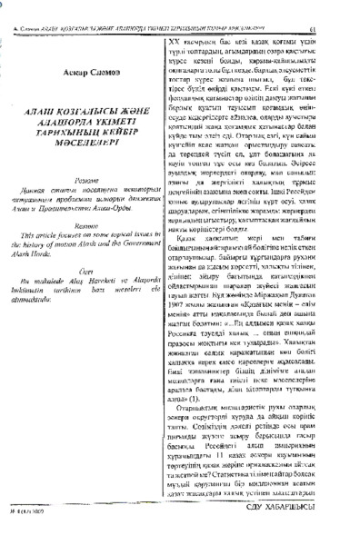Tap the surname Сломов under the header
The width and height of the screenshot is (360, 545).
[x=78, y=70]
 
